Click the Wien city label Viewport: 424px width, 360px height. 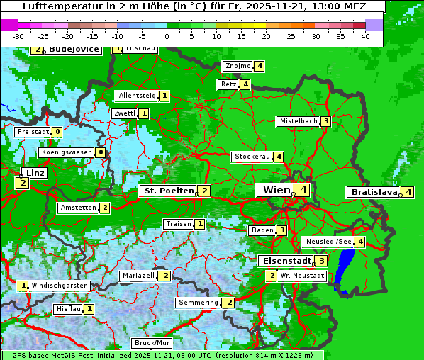click(x=276, y=190)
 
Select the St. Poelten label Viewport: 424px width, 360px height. click(x=167, y=191)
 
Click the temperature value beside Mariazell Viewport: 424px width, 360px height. click(x=164, y=276)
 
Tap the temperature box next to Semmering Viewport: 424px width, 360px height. click(x=228, y=303)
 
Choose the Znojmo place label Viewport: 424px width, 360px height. click(x=238, y=66)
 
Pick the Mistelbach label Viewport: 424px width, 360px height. click(x=298, y=121)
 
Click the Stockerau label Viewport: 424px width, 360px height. click(x=252, y=157)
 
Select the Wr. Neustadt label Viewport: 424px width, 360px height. click(x=302, y=275)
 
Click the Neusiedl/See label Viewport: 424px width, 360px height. click(x=328, y=242)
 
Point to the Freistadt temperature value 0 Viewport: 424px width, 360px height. click(x=57, y=132)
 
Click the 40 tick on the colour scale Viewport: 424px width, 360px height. click(x=364, y=36)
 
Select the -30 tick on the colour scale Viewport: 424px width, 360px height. click(x=18, y=36)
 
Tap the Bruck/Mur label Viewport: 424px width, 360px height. click(x=152, y=343)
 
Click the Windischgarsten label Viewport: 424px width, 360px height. click(x=60, y=286)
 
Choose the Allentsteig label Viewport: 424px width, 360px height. click(x=137, y=96)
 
